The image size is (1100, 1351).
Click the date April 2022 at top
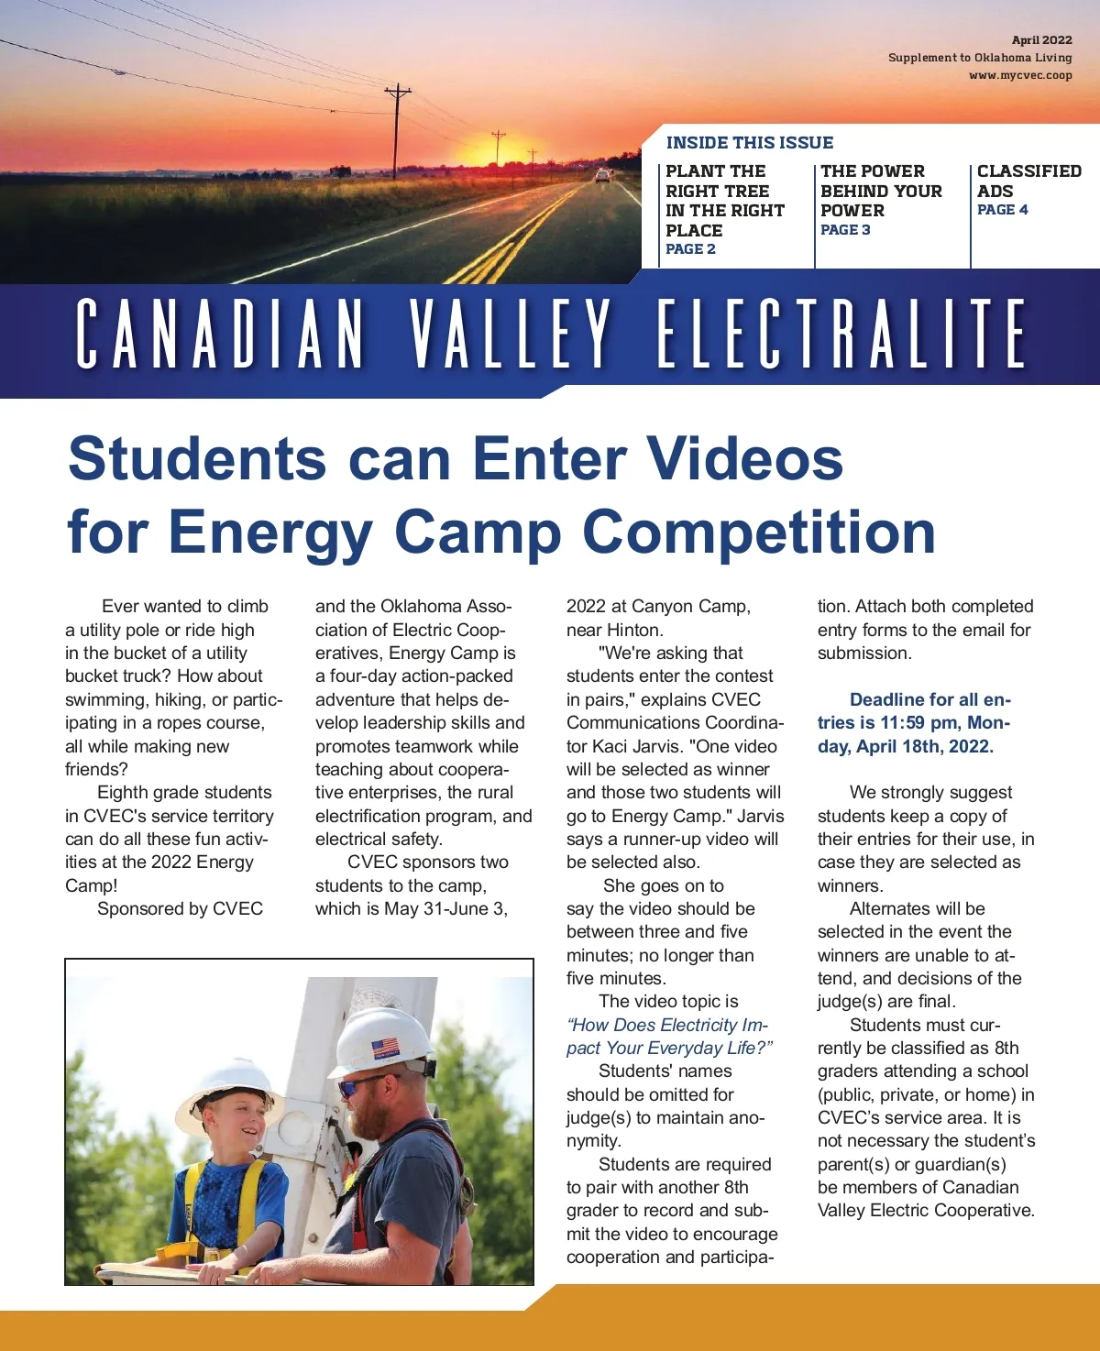[x=1041, y=40]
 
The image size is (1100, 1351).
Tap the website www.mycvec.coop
[x=1020, y=75]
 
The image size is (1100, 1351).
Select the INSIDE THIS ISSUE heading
[x=749, y=143]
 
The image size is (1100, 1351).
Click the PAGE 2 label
[x=690, y=249]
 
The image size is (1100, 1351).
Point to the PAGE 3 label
[x=845, y=230]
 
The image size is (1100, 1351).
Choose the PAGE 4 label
[x=1002, y=210]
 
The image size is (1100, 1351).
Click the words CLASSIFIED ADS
[x=1028, y=181]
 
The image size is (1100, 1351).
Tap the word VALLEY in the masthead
[x=511, y=335]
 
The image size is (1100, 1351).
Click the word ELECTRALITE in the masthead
[x=841, y=335]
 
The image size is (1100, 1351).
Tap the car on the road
[x=602, y=175]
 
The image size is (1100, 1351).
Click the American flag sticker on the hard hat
[x=386, y=1048]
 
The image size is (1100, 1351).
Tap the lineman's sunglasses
[x=353, y=1088]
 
